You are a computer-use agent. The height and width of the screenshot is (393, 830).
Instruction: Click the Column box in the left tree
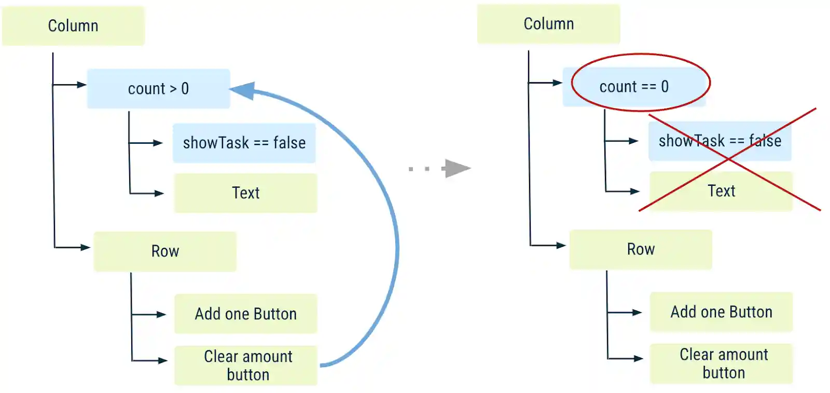click(x=73, y=26)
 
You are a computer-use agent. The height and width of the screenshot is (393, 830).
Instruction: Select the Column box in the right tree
click(x=548, y=24)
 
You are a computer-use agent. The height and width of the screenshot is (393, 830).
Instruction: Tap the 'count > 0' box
click(x=158, y=89)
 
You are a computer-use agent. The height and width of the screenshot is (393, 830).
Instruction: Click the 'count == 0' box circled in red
click(x=634, y=87)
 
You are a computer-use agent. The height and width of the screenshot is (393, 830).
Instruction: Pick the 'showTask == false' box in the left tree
click(x=244, y=143)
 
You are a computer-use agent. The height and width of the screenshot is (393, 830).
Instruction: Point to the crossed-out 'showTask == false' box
click(x=720, y=141)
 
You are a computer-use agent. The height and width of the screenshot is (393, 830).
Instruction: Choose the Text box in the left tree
click(x=245, y=193)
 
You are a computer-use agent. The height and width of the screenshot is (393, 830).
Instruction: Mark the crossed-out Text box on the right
click(x=721, y=191)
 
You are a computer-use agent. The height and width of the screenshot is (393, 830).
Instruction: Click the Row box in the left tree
click(x=165, y=251)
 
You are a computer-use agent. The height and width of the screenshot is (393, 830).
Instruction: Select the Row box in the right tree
click(x=641, y=249)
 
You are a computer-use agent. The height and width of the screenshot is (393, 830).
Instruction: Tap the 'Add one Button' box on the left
click(x=245, y=314)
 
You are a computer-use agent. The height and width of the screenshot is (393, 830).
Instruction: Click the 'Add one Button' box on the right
click(x=721, y=312)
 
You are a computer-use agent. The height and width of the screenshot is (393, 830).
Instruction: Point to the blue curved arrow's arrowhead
click(x=244, y=90)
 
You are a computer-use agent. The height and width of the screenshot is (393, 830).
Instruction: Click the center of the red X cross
click(x=728, y=159)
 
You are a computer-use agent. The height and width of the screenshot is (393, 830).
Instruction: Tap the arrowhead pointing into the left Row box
click(x=86, y=248)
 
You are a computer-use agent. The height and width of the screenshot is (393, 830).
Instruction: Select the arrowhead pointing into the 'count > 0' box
click(x=81, y=85)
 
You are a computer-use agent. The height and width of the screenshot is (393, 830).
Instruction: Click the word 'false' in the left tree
click(x=289, y=143)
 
